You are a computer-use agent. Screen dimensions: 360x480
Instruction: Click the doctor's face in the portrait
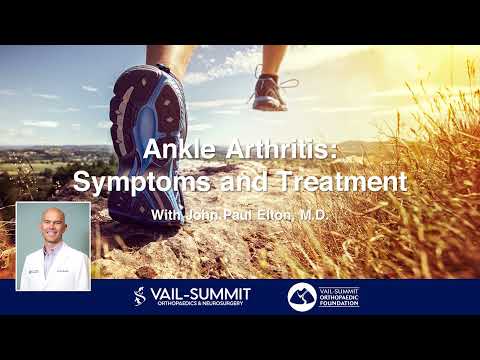(52, 230)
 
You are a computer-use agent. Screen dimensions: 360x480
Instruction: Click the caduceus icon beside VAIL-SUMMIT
(141, 296)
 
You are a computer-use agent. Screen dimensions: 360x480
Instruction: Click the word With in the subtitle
(169, 214)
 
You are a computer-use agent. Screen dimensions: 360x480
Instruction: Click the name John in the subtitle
(205, 214)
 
